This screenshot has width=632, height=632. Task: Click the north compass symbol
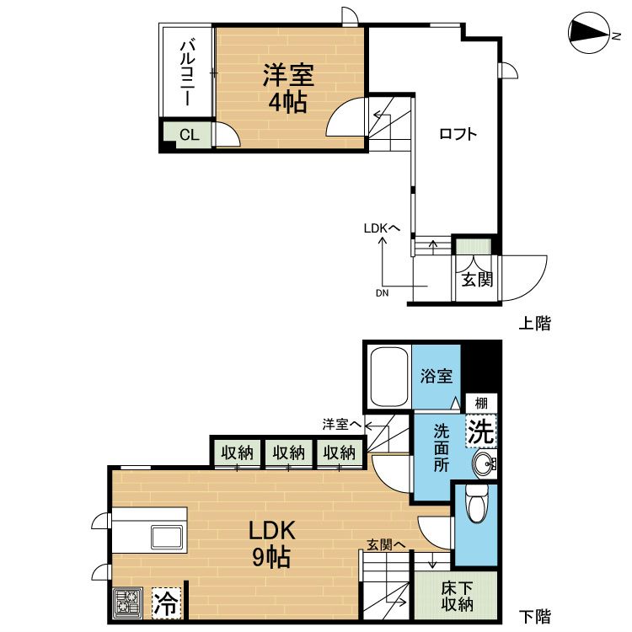(588, 32)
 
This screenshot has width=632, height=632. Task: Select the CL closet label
(188, 134)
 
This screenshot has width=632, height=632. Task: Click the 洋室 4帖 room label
(287, 88)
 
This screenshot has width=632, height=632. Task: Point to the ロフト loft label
(458, 133)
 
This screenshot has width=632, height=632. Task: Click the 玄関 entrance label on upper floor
(477, 279)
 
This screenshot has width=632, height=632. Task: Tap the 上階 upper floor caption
(534, 324)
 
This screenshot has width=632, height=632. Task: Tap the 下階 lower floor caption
(534, 617)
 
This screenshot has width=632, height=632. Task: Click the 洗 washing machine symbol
(480, 432)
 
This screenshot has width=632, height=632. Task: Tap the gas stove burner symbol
(128, 603)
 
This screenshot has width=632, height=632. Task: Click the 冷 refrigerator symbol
(168, 603)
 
